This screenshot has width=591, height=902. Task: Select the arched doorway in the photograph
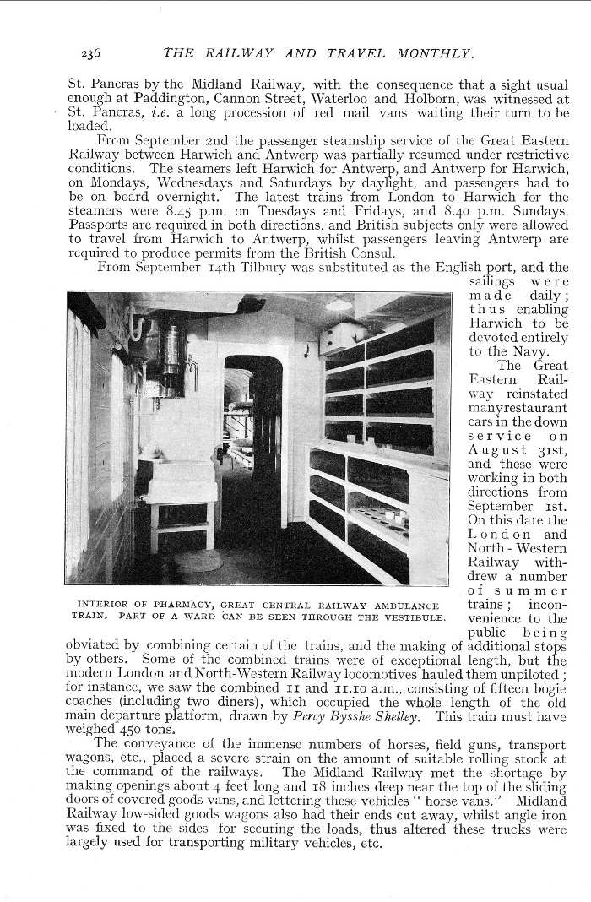coord(253,439)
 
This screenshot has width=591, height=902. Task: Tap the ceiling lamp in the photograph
coord(339,304)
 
